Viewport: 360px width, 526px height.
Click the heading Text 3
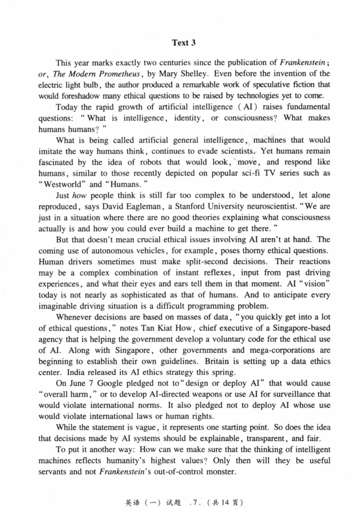pyautogui.click(x=184, y=43)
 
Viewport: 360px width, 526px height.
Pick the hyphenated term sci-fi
pyautogui.click(x=247, y=173)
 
